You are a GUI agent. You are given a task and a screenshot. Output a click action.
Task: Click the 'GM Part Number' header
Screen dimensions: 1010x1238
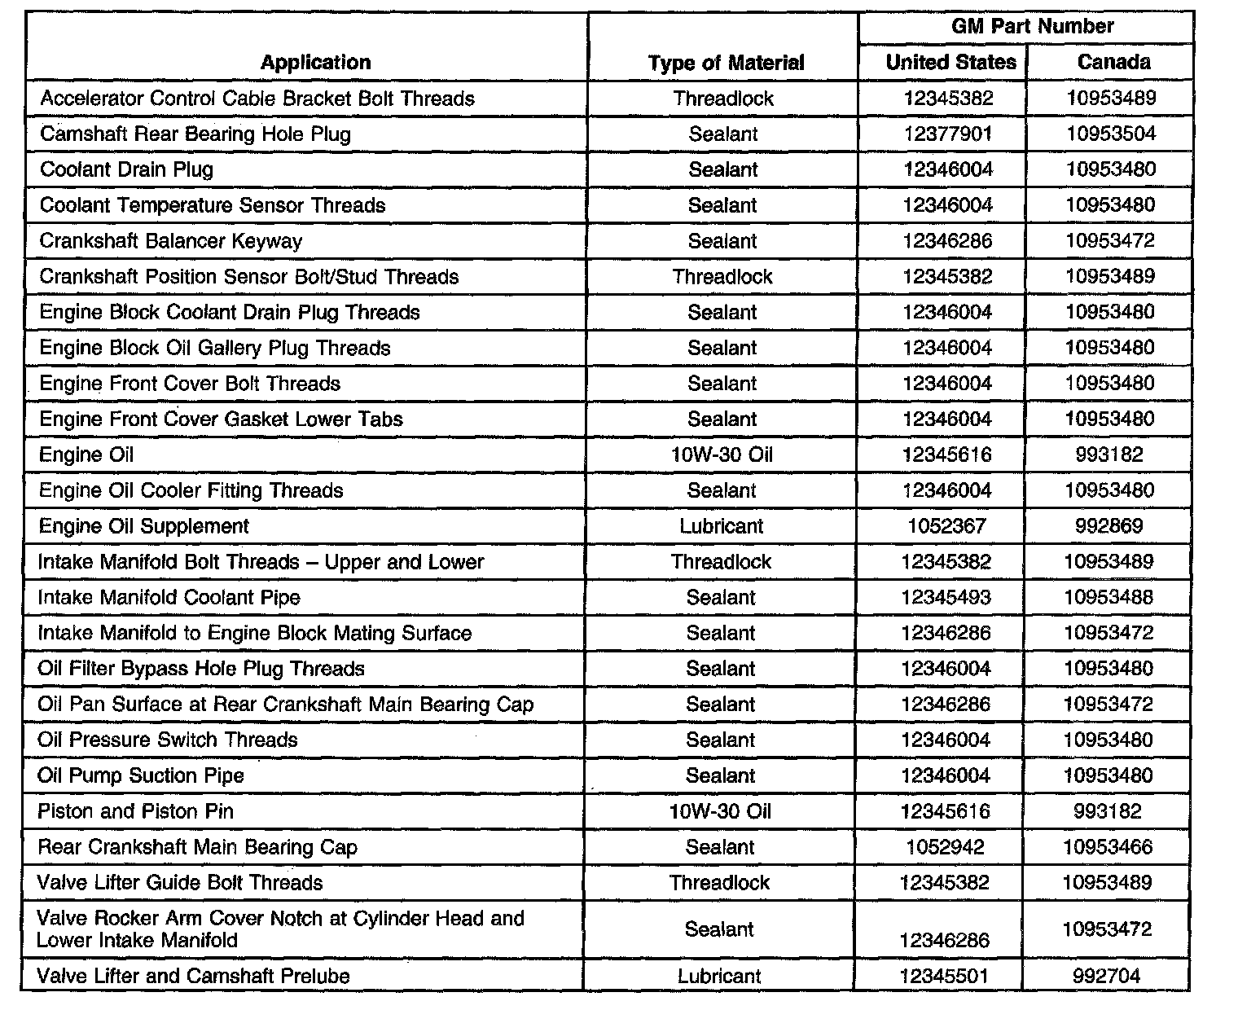coord(1032,27)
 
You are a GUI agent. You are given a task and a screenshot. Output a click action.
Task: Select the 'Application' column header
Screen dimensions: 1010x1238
coord(315,63)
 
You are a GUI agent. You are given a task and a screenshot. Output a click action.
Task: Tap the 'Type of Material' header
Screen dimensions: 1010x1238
coord(726,63)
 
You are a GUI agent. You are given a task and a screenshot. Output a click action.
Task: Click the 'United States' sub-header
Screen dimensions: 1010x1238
coord(950,63)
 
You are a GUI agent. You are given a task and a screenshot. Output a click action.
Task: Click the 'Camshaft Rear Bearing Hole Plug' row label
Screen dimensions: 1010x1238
coord(195,134)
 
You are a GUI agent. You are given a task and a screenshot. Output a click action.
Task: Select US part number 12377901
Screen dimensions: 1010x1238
coord(948,134)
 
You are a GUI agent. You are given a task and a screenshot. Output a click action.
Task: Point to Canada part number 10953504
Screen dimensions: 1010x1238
coord(1111,134)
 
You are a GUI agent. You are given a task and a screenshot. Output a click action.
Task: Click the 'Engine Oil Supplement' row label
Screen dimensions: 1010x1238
coord(143,526)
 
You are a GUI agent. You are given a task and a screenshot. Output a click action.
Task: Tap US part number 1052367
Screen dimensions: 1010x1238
coord(946,526)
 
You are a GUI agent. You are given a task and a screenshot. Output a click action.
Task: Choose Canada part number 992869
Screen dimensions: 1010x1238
coord(1109,526)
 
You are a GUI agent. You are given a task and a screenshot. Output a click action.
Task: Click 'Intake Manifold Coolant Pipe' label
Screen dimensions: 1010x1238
coord(169,598)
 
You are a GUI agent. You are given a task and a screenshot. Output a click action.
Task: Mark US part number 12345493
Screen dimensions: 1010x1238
coord(946,598)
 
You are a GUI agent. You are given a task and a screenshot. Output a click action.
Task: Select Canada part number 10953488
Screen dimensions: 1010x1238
coord(1109,598)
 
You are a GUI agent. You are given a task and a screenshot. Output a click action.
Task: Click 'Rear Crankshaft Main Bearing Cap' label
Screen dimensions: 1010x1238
coord(197,847)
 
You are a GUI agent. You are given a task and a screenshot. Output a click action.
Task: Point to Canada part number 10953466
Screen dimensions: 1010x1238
coord(1108,847)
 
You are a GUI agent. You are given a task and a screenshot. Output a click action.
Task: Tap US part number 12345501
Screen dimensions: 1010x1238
coord(945,976)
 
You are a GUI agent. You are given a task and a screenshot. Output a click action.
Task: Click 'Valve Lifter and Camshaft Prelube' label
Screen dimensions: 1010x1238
coord(193,976)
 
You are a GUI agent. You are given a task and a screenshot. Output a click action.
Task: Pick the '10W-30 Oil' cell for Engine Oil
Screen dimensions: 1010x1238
coord(722,455)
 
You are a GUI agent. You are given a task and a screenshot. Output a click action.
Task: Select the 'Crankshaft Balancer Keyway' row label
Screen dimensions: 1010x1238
coord(171,241)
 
